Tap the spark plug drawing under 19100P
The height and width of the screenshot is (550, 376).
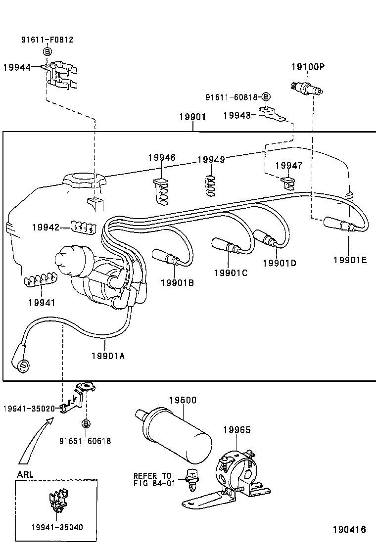[x=308, y=89]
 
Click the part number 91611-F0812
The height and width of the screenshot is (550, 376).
[x=47, y=40]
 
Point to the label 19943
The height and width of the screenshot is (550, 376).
[x=236, y=115]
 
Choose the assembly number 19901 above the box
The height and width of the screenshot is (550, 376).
[x=192, y=117]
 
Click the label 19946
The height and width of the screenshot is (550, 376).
[x=161, y=158]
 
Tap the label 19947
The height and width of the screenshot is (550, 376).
[x=288, y=166]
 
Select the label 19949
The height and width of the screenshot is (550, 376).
[x=211, y=159]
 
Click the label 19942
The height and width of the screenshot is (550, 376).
[x=46, y=228]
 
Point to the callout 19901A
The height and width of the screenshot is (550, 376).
[x=108, y=355]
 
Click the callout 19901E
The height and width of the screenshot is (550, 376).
[x=350, y=260]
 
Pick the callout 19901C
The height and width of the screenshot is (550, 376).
[x=231, y=272]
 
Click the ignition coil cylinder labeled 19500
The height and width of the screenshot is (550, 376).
[x=176, y=435]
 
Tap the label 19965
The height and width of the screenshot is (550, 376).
[x=236, y=430]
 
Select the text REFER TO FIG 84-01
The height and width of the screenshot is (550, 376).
[x=154, y=479]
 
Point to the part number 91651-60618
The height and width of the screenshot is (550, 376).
[x=85, y=441]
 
